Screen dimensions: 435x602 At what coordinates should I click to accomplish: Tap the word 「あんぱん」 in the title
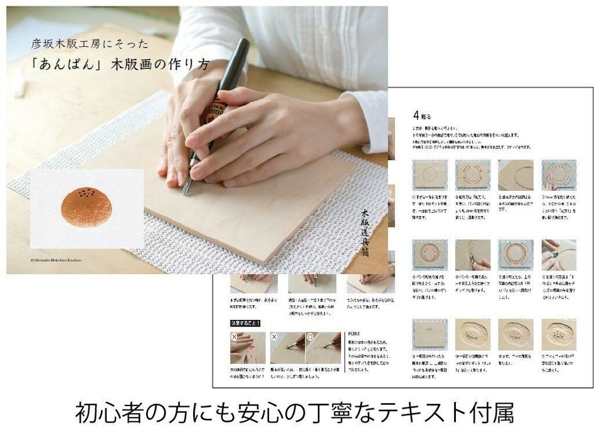(70, 65)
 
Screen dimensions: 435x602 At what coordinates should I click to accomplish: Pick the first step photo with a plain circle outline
(430, 175)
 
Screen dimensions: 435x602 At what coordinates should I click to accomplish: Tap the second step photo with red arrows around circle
(472, 175)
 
